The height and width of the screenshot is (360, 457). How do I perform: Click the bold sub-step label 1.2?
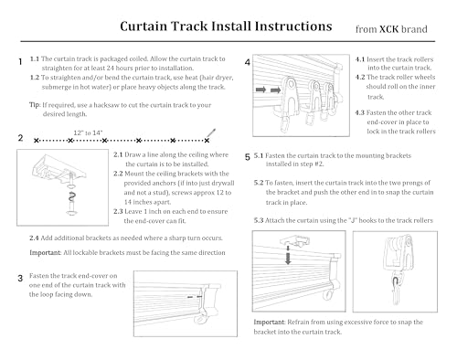[36, 78]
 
